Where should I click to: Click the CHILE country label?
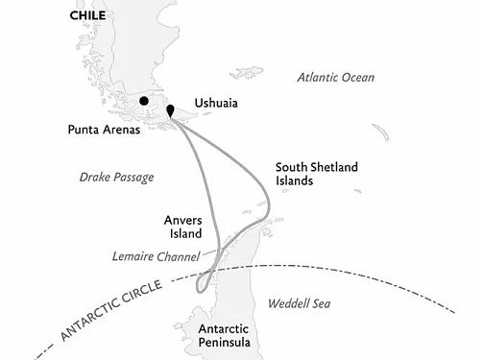pyautogui.click(x=87, y=15)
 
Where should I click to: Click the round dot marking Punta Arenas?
pyautogui.click(x=143, y=100)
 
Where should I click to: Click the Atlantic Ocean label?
pyautogui.click(x=335, y=77)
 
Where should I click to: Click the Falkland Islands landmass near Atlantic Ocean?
pyautogui.click(x=248, y=72)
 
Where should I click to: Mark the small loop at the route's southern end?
pyautogui.click(x=203, y=284)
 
